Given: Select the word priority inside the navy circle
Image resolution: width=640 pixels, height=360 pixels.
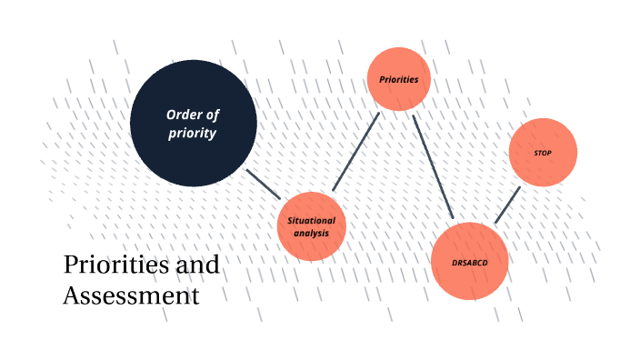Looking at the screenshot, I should coord(193,133).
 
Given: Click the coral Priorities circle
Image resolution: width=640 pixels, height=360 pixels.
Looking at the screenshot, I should coord(398,79).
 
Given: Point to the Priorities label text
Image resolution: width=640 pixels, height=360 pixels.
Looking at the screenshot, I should coord(398,79).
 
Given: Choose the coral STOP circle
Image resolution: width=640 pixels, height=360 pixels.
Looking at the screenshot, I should coord(543,153).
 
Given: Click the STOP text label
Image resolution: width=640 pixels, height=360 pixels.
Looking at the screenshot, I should coord(543,153).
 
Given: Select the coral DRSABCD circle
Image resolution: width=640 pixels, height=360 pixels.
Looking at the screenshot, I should coord(469,262).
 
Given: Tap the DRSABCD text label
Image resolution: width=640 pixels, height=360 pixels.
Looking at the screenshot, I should coord(469,262).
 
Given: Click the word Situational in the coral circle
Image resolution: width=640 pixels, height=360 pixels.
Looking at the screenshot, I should coord(312,220).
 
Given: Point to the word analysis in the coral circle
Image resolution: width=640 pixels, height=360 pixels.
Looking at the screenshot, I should coord(312,234).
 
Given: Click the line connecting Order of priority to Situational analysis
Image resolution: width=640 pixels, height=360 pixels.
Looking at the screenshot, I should coord(263,183).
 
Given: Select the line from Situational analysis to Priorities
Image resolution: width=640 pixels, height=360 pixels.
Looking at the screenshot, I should coord(355,152).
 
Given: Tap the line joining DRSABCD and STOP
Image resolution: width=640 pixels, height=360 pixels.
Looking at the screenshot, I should coord(507,205).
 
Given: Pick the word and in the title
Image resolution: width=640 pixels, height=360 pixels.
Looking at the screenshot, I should coord(196,265).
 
